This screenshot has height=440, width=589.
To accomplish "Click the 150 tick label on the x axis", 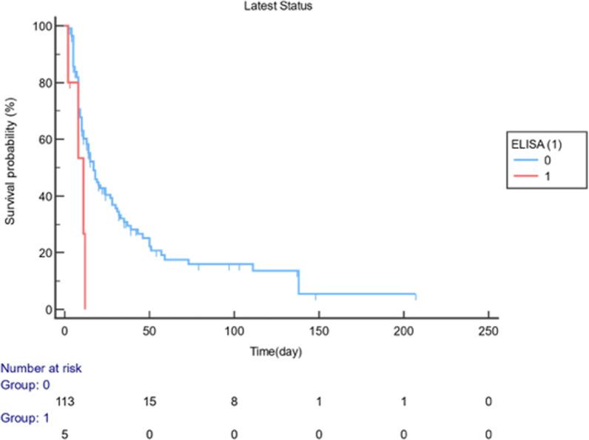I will click(x=318, y=330).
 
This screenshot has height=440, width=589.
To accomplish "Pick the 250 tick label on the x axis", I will click(x=488, y=330).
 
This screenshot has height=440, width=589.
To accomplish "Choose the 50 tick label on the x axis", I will click(x=149, y=330).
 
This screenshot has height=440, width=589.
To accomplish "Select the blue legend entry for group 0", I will click(x=536, y=159).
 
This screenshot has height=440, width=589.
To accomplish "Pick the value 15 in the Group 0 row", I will click(x=149, y=401).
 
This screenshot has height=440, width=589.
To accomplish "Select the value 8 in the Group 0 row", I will click(x=234, y=401).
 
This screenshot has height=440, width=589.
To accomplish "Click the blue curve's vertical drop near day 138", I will click(x=298, y=282).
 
